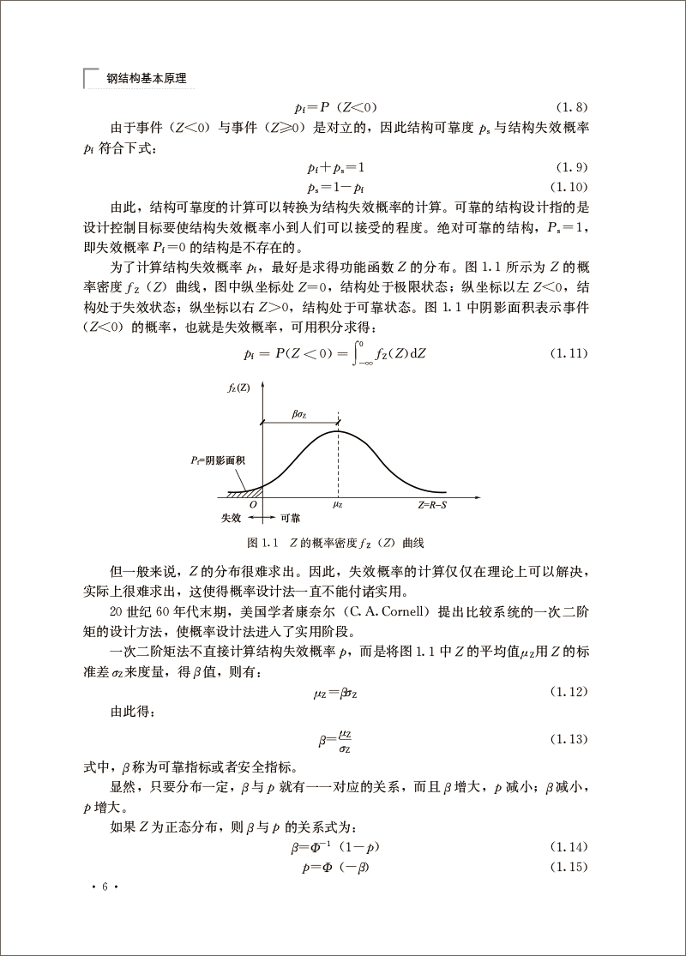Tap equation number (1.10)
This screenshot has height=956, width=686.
click(569, 186)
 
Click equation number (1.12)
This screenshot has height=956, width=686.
click(569, 690)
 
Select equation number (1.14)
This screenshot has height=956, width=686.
click(569, 847)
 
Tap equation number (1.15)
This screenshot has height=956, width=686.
click(569, 867)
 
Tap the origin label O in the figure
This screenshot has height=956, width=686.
click(254, 505)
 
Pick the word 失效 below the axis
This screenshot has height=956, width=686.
click(231, 519)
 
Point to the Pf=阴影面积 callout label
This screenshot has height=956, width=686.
click(219, 461)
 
